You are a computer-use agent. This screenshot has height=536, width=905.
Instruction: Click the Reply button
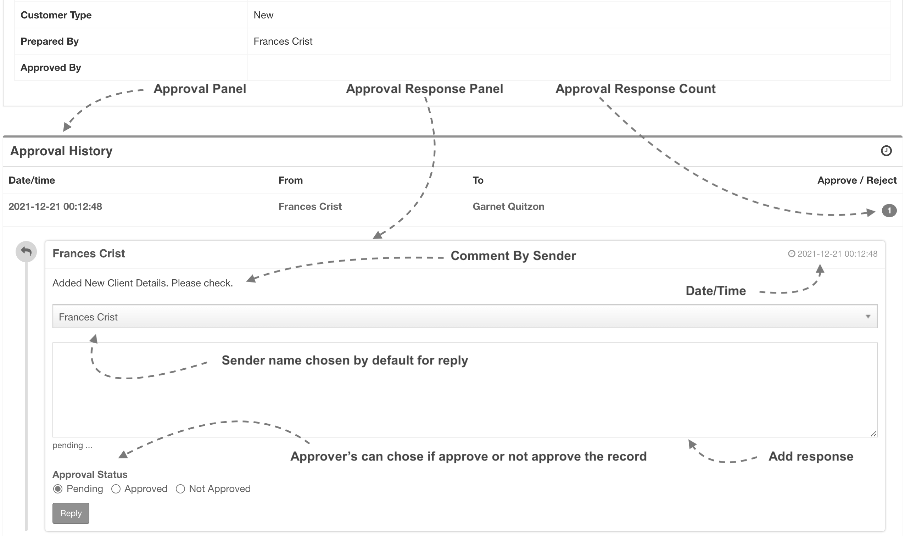tap(71, 513)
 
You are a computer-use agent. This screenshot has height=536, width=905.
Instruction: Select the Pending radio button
tap(58, 489)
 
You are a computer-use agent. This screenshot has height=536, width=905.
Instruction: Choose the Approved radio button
tap(116, 489)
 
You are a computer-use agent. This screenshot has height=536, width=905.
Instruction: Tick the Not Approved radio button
tap(180, 489)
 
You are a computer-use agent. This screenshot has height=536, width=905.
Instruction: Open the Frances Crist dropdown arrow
tap(868, 317)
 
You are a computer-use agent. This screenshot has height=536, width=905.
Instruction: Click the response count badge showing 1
tap(889, 211)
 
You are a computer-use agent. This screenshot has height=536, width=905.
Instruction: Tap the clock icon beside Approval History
tap(886, 151)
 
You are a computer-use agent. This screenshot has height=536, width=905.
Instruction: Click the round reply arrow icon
tap(26, 251)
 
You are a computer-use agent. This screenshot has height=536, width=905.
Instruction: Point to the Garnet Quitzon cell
tap(508, 207)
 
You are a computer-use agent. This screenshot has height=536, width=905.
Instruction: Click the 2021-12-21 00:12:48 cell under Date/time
tap(55, 207)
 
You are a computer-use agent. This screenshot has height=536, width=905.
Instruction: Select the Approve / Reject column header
tap(856, 180)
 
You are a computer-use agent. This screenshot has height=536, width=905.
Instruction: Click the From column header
tap(290, 180)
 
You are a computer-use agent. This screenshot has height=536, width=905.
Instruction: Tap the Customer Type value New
tap(263, 15)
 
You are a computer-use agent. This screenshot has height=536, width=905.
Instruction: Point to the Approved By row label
tap(51, 68)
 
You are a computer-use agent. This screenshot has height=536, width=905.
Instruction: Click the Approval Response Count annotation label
tap(635, 89)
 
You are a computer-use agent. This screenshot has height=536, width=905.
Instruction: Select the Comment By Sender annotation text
tap(513, 256)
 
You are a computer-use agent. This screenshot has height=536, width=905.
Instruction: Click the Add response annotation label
tap(811, 457)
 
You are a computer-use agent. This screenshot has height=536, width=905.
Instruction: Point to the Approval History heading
tap(61, 151)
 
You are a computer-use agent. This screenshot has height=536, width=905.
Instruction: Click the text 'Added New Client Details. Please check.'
tap(143, 283)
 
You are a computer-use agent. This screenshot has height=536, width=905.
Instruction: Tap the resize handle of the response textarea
tap(873, 434)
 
